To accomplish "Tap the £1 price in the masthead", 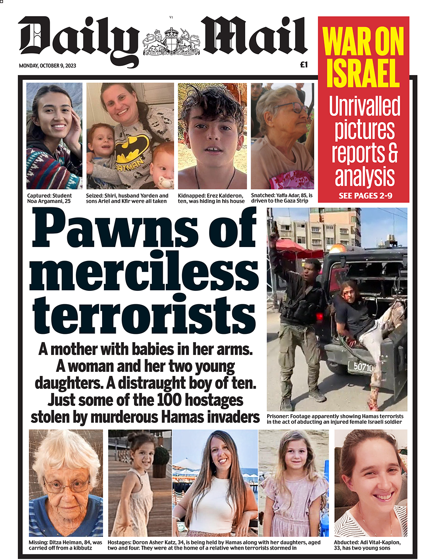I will (x=304, y=65).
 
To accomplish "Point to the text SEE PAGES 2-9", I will (x=365, y=196).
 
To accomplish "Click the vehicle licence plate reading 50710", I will (x=361, y=367).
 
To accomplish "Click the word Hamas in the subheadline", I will (x=182, y=417).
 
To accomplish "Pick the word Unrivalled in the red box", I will (x=364, y=106).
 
